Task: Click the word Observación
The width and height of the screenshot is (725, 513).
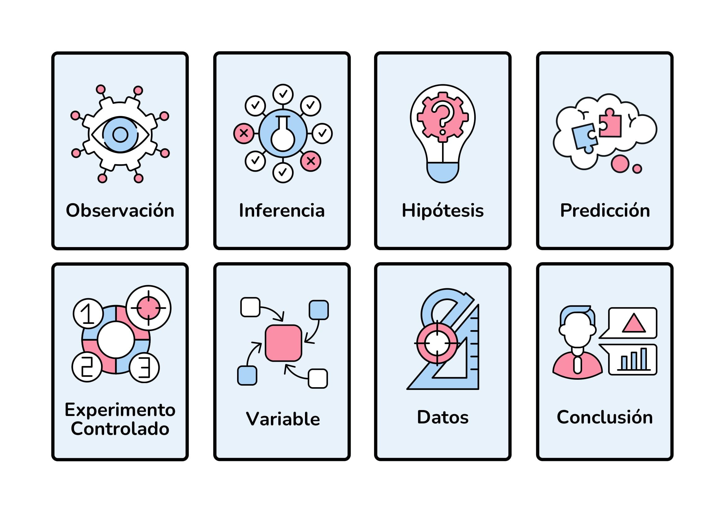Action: click(x=120, y=211)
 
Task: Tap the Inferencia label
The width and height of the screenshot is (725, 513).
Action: click(x=282, y=211)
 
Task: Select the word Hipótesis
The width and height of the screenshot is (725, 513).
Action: click(x=443, y=211)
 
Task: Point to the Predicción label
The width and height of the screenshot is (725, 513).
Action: click(x=605, y=211)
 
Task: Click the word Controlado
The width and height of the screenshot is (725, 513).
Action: click(x=120, y=429)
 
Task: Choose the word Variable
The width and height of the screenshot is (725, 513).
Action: click(x=283, y=419)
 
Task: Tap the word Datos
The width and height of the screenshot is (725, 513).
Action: click(x=443, y=417)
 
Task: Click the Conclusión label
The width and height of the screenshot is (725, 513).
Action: click(x=605, y=417)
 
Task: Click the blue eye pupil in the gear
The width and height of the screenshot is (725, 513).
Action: click(x=120, y=135)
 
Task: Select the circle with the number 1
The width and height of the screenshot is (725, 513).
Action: click(x=88, y=314)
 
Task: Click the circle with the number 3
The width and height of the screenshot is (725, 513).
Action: click(x=144, y=367)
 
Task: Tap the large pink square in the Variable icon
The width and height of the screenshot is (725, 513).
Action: click(x=283, y=343)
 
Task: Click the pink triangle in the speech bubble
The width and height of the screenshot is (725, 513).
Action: click(x=633, y=324)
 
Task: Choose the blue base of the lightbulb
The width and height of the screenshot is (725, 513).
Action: click(x=443, y=172)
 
